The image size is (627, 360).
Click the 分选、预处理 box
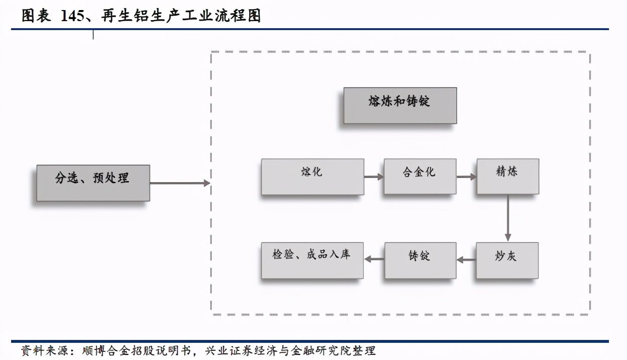tap(93, 183)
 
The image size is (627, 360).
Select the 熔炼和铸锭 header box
tap(400, 106)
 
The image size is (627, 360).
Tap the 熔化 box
tap(312, 176)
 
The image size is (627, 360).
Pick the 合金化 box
tap(420, 176)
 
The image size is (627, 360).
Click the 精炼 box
tap(507, 176)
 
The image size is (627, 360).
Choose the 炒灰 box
tap(507, 260)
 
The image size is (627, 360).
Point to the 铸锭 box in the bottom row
tap(420, 260)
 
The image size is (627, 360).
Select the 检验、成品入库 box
tap(312, 260)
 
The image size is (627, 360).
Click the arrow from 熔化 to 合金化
tap(374, 177)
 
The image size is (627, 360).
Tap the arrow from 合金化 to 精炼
tap(466, 177)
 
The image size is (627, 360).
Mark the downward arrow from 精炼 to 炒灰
tap(508, 218)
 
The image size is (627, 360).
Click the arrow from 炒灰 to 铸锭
tap(466, 260)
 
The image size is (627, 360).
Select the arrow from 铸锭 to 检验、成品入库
tap(374, 259)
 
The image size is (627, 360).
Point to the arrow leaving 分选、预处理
tap(180, 184)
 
